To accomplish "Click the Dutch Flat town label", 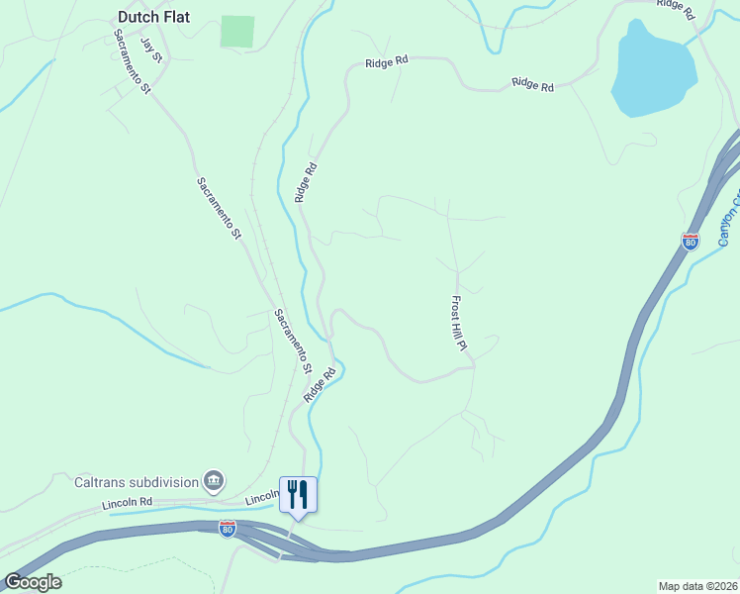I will [153, 17].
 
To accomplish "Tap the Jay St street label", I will [150, 49].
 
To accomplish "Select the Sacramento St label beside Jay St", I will [132, 61].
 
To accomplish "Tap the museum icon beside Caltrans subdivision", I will [214, 481].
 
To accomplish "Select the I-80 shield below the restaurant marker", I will [228, 529].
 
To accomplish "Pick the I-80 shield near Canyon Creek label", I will [691, 241].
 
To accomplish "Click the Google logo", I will [33, 581].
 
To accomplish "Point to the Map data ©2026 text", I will [698, 586].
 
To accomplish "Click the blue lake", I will [653, 69].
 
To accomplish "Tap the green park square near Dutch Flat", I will [237, 31].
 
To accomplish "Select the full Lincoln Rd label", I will [127, 504].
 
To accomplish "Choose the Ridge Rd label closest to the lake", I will [532, 85].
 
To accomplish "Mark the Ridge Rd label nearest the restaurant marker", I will [320, 384].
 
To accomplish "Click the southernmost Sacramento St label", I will [293, 340].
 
